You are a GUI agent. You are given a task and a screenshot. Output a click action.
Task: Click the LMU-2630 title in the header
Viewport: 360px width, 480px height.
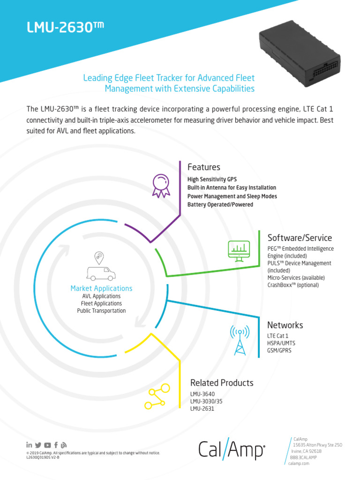pyautogui.click(x=65, y=28)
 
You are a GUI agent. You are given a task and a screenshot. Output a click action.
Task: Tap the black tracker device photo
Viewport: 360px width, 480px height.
pyautogui.click(x=300, y=56)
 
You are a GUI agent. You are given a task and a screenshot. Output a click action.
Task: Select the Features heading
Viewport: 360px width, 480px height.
pyautogui.click(x=203, y=167)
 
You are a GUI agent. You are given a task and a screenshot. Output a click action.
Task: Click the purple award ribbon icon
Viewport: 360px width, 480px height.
pyautogui.click(x=161, y=185)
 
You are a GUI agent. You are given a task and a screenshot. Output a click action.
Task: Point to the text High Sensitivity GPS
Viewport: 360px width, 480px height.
pyautogui.click(x=212, y=179)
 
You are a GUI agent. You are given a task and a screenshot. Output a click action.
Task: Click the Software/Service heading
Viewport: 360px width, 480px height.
pyautogui.click(x=299, y=238)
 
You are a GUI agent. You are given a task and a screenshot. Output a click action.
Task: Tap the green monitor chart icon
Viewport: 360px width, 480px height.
pyautogui.click(x=239, y=251)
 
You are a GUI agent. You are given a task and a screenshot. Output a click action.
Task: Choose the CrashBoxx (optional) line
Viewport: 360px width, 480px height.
pyautogui.click(x=292, y=285)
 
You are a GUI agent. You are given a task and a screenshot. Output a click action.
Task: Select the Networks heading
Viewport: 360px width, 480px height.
pyautogui.click(x=285, y=325)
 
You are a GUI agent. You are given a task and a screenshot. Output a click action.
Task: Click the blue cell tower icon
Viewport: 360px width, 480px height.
pyautogui.click(x=240, y=340)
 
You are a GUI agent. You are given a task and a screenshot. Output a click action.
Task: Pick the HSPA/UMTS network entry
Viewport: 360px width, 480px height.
pyautogui.click(x=281, y=343)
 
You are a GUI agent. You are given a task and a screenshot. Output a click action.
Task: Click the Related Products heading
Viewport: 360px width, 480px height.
pyautogui.click(x=221, y=383)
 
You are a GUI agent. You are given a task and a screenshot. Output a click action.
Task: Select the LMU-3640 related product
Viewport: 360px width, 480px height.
pyautogui.click(x=203, y=394)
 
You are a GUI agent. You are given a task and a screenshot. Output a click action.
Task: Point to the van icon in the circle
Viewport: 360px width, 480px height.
pyautogui.click(x=100, y=273)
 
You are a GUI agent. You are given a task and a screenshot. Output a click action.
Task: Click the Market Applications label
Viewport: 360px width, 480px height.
pyautogui.click(x=101, y=288)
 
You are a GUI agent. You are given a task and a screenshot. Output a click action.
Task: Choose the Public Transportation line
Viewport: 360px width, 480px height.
pyautogui.click(x=101, y=311)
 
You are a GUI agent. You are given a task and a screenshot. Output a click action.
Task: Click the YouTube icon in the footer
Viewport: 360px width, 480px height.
pyautogui.click(x=48, y=445)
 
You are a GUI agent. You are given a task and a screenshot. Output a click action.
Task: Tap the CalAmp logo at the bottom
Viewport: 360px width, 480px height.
pyautogui.click(x=232, y=450)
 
